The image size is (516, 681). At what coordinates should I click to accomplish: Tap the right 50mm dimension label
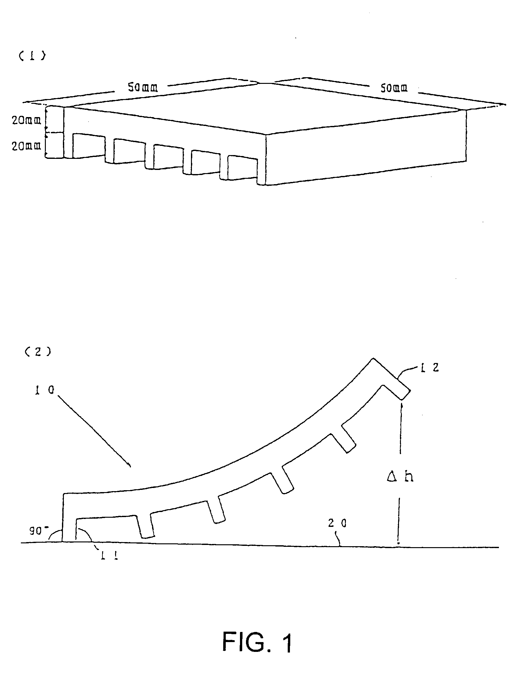393,88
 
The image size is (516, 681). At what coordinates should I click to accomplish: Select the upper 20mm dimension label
27,121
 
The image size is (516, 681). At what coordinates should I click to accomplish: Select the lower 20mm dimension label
27,146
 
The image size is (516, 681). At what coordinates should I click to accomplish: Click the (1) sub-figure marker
32,56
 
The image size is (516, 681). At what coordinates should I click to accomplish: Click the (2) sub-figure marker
38,352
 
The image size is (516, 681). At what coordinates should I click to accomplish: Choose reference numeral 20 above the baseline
337,523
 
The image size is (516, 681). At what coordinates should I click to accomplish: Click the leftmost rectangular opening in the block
89,146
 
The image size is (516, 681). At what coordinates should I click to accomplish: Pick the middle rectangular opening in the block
168,156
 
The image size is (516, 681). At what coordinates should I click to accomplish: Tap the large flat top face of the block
266,108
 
